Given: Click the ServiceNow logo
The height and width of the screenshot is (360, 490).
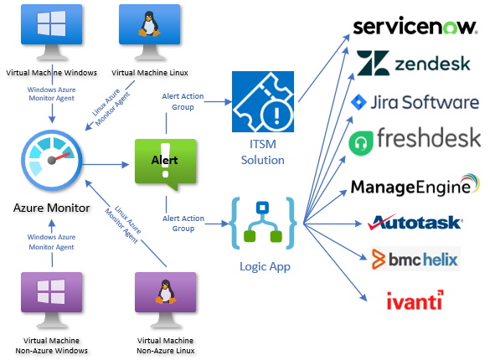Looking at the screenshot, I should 415,27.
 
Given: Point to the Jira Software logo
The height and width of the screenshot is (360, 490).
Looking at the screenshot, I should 415,102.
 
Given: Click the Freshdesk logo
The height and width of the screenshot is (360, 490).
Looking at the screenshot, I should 415,140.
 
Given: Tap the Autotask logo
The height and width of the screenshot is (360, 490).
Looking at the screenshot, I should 415,223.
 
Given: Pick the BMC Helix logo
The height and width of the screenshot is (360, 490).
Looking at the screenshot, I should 415,259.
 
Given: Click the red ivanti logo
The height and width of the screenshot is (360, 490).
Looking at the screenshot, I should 415,299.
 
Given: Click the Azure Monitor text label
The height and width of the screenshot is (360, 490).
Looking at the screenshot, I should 52,208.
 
